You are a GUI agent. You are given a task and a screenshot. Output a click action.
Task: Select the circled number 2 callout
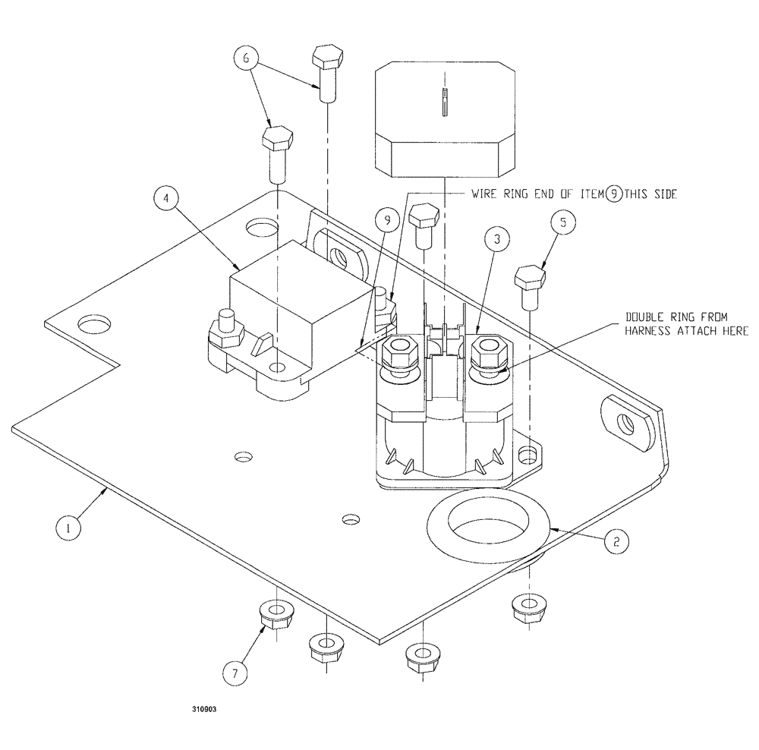(616, 541)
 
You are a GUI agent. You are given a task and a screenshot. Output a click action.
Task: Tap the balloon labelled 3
(496, 240)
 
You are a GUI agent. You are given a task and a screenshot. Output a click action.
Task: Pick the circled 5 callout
(563, 222)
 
